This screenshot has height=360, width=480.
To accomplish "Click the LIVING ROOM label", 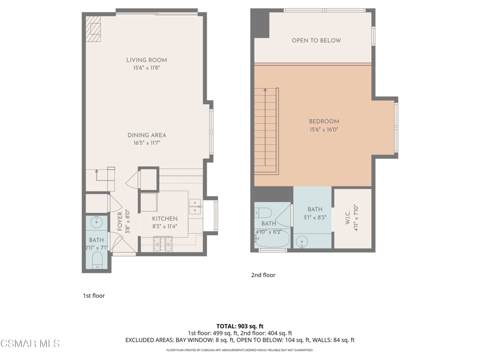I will click(x=146, y=60).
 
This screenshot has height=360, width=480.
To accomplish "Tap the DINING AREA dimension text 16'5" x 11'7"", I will click(x=147, y=143).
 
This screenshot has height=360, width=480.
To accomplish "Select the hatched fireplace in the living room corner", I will click(x=93, y=30).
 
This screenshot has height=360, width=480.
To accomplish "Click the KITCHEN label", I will click(x=165, y=218).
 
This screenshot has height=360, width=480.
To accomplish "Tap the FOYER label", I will click(x=120, y=222).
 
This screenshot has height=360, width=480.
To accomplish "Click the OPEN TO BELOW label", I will click(x=316, y=40).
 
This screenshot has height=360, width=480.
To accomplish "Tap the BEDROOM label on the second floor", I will click(x=323, y=121).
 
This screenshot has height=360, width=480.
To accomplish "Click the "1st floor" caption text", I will click(x=94, y=296).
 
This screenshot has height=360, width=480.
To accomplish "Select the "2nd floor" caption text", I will click(x=263, y=275).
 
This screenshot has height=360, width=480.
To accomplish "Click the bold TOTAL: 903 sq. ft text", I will click(x=240, y=326).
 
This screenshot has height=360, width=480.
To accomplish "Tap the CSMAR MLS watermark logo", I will click(x=30, y=344).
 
